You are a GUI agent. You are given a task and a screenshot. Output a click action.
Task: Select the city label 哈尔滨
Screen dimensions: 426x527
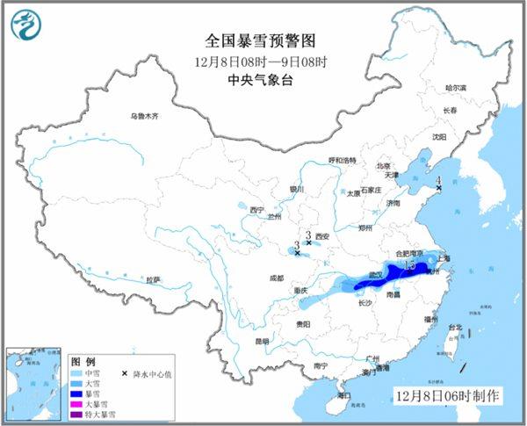pyautogui.click(x=456, y=88)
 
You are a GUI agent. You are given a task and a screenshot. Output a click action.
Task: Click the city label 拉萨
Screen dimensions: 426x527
pyautogui.click(x=154, y=279)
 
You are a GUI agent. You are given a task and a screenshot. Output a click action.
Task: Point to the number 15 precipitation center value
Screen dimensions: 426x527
pyautogui.click(x=408, y=264)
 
